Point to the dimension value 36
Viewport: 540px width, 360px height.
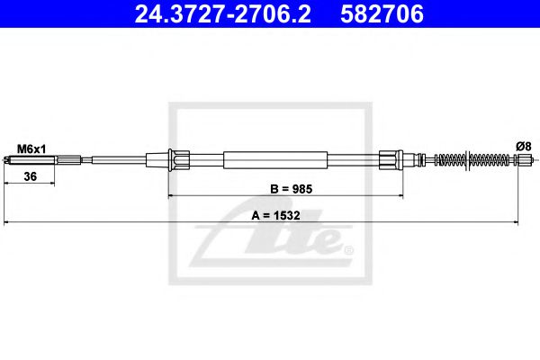(30, 177)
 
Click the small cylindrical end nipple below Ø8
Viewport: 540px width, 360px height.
(524, 161)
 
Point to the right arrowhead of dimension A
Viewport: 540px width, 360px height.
(515, 221)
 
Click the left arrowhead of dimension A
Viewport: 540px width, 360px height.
(8, 221)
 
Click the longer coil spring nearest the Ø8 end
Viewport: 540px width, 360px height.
(490, 161)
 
